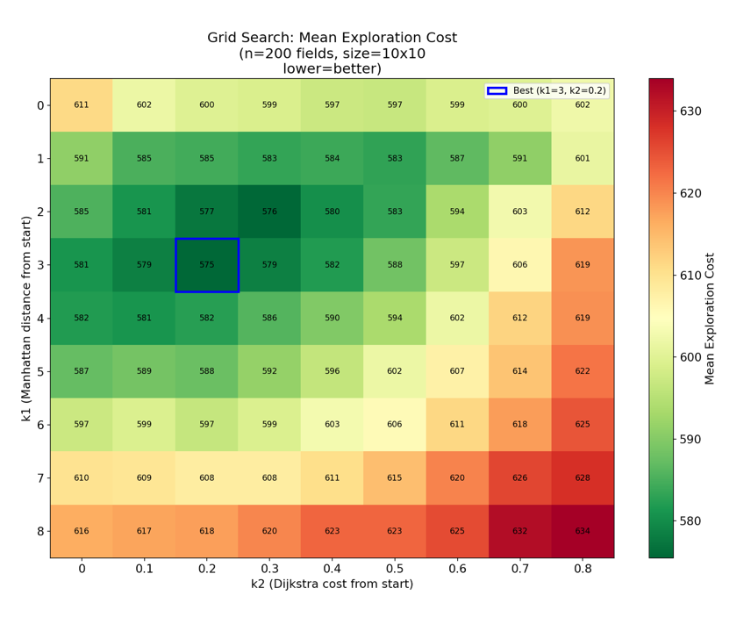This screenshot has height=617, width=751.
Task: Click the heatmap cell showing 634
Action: click(x=583, y=531)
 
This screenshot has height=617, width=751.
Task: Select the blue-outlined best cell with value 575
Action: click(x=207, y=265)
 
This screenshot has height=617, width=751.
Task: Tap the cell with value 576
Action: click(x=269, y=212)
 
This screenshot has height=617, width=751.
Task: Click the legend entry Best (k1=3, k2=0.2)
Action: click(x=546, y=90)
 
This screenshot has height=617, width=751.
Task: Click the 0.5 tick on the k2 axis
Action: click(x=395, y=569)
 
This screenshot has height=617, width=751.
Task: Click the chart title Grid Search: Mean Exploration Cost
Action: click(x=332, y=38)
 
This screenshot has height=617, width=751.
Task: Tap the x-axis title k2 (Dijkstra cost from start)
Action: click(x=332, y=585)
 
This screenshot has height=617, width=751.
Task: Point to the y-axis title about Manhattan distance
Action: click(x=26, y=318)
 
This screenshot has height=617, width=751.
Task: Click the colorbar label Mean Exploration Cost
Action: click(x=710, y=318)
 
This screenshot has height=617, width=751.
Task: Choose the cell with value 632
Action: click(x=520, y=531)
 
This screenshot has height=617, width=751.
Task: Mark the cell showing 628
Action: click(x=583, y=478)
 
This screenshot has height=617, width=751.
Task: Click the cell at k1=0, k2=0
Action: click(x=82, y=105)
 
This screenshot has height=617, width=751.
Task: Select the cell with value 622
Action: click(x=583, y=371)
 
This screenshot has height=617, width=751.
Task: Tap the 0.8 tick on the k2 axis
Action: click(x=583, y=569)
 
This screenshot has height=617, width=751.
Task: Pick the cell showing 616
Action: click(x=82, y=531)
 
